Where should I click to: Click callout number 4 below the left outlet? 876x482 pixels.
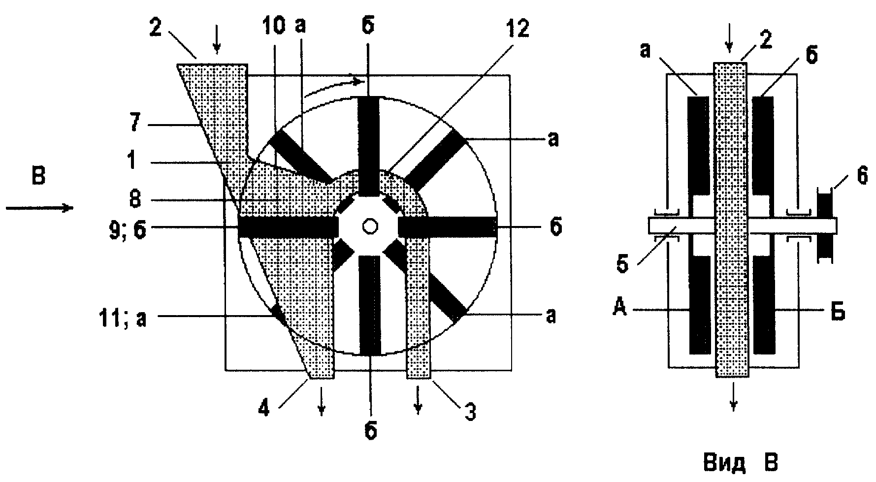[x=264, y=410]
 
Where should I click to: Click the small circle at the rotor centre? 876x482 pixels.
[x=369, y=226]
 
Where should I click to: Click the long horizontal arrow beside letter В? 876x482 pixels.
[x=39, y=208]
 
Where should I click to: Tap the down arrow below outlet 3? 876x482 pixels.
[x=418, y=401]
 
